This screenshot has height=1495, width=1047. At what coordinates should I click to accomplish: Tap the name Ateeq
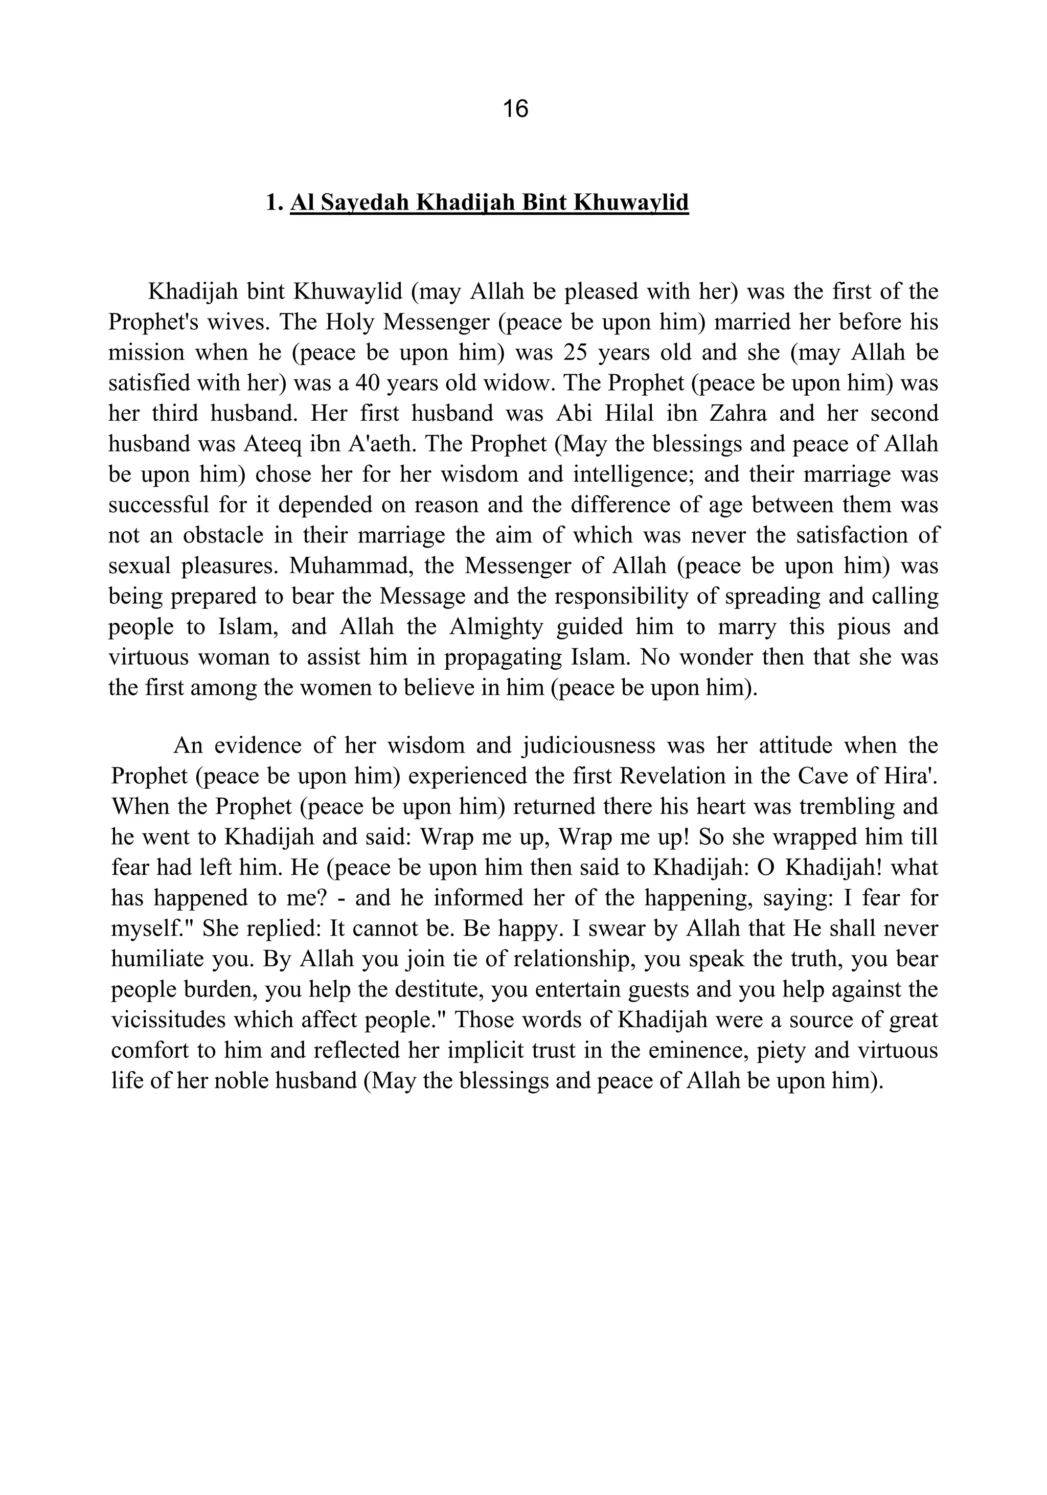[271, 445]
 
